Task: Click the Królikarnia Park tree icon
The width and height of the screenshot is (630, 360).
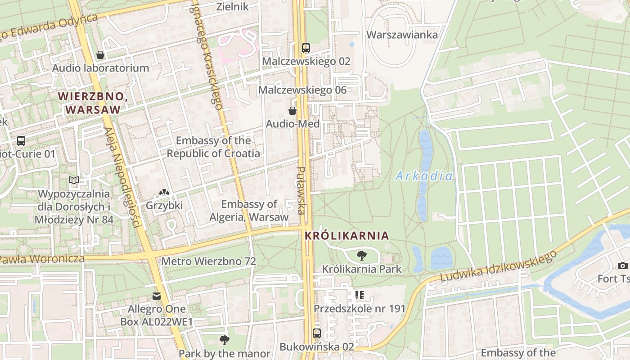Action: click(361, 256)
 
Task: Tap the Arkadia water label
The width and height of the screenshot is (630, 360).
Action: click(424, 176)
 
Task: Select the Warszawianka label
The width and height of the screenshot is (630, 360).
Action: click(402, 35)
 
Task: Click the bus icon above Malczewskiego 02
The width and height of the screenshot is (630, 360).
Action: click(306, 48)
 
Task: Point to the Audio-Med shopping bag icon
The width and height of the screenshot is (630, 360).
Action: click(292, 110)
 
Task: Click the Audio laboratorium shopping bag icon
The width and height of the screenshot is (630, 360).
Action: click(100, 55)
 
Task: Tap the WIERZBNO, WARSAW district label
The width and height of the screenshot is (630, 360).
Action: click(90, 103)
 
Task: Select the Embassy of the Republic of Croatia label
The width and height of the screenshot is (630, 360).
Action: click(213, 147)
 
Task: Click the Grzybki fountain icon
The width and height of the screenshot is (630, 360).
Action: click(164, 192)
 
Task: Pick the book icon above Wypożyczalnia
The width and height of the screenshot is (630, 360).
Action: click(74, 180)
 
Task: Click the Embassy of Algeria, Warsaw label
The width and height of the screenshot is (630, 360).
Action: click(249, 211)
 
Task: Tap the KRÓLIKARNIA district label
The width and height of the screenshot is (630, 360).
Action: click(346, 235)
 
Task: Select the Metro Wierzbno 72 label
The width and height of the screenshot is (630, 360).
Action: click(208, 261)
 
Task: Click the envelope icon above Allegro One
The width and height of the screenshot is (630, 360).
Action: click(156, 296)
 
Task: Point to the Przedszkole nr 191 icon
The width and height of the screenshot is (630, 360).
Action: click(359, 295)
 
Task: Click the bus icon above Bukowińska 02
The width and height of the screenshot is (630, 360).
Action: click(317, 333)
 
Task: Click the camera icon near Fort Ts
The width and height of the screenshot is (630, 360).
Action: click(623, 265)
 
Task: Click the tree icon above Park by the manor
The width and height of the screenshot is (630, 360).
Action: click(224, 340)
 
